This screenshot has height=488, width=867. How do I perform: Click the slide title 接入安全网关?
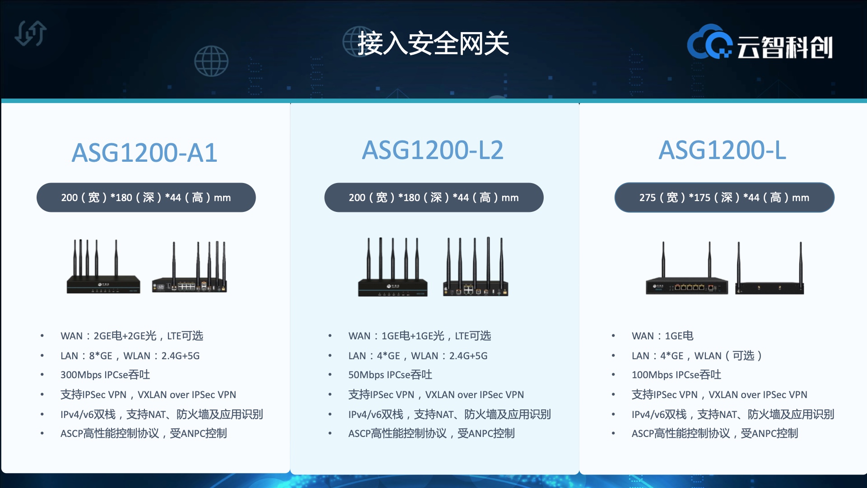pos(433,44)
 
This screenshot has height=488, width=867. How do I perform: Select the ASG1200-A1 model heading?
pos(144,153)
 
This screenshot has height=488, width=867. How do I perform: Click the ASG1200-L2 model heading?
pos(433,150)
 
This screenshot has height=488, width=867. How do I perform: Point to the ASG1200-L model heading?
pos(722,150)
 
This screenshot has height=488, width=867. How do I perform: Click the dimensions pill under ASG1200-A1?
pos(146,197)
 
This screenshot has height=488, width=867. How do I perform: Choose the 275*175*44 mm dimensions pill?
pos(724,197)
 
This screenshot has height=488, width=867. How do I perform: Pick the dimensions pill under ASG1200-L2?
pos(433,197)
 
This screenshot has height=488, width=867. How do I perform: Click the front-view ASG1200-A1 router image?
pos(103,267)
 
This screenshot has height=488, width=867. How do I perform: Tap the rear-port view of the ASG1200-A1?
pos(189,267)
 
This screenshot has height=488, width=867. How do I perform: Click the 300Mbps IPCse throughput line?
pos(105,375)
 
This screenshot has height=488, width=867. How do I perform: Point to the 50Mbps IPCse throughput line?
pos(390,375)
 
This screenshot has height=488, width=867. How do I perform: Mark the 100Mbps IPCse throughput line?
pos(676,375)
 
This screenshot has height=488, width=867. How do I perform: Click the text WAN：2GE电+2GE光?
pos(108,336)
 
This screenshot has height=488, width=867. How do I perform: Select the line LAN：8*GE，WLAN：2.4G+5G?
pos(130,356)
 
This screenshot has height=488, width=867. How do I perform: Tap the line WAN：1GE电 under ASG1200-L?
pos(662,336)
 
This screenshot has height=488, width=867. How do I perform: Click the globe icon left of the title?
pos(211,61)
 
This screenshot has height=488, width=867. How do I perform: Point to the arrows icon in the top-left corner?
pos(31,33)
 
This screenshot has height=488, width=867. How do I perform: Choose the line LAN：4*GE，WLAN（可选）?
pos(697,356)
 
